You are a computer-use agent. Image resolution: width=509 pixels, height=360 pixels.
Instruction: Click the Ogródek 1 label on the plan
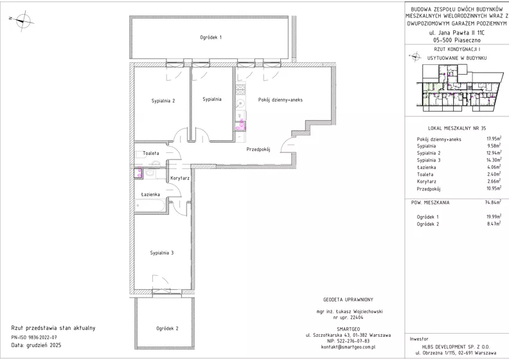pyautogui.click(x=211, y=37)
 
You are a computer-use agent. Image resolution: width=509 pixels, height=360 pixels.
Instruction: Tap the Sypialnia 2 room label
pyautogui.click(x=163, y=101)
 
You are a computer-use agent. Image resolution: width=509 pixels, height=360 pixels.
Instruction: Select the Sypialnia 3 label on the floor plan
pyautogui.click(x=162, y=253)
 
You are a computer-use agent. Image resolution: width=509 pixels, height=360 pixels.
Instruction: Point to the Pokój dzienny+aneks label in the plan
pyautogui.click(x=280, y=100)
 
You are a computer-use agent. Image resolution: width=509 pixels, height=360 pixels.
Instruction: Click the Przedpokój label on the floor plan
pyautogui.click(x=258, y=150)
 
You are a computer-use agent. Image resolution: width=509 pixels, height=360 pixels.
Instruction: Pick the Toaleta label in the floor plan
pyautogui.click(x=151, y=153)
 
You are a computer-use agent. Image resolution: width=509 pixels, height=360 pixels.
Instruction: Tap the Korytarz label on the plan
pyautogui.click(x=180, y=178)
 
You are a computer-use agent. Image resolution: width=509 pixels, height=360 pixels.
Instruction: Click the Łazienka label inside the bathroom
pyautogui.click(x=150, y=194)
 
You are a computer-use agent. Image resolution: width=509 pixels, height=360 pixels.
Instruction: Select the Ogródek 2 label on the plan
pyautogui.click(x=167, y=328)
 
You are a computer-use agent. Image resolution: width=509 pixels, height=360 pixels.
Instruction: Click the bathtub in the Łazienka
pyautogui.click(x=150, y=206)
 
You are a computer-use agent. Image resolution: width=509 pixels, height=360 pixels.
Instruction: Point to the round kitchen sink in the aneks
pyautogui.click(x=240, y=104)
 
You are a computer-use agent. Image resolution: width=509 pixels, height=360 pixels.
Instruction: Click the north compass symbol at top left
pyautogui.click(x=22, y=21)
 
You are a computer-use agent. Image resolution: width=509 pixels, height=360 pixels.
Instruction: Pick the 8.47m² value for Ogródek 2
pyautogui.click(x=494, y=224)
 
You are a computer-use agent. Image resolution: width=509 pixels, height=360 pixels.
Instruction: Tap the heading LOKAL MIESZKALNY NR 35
pyautogui.click(x=457, y=128)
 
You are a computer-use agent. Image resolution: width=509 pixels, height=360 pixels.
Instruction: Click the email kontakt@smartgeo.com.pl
pyautogui.click(x=348, y=347)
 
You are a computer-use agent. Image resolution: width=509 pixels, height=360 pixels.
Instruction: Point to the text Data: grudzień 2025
pyautogui.click(x=36, y=345)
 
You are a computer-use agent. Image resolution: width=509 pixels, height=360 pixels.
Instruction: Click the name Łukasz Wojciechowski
pyautogui.click(x=361, y=312)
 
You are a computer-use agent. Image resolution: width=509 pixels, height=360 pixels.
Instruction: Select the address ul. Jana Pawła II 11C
pyautogui.click(x=457, y=32)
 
